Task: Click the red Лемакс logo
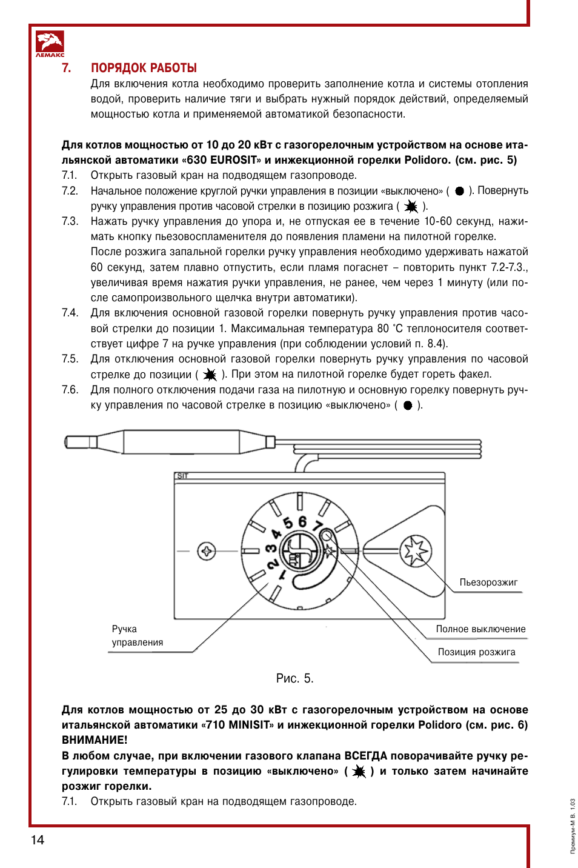(x=50, y=44)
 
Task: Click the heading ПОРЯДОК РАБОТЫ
(x=144, y=68)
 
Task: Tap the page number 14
(x=38, y=840)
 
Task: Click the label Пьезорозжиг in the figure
(x=488, y=583)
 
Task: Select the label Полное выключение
(x=480, y=629)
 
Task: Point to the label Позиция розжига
(x=476, y=652)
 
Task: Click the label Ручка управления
(x=137, y=636)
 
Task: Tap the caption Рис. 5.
(x=294, y=678)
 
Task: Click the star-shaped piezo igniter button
(x=416, y=551)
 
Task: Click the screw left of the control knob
(x=207, y=551)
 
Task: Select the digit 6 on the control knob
(x=302, y=521)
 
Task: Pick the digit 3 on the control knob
(x=271, y=549)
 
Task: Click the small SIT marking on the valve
(x=182, y=476)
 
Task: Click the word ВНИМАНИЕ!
(x=95, y=740)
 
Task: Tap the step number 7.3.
(x=70, y=221)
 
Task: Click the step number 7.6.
(x=70, y=390)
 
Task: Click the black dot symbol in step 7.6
(x=408, y=406)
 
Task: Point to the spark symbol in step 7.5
(x=210, y=375)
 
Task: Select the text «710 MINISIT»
(x=238, y=725)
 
